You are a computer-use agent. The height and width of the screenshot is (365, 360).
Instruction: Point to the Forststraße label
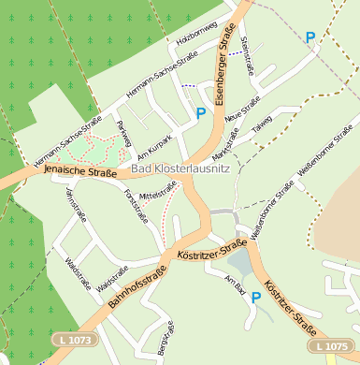137,205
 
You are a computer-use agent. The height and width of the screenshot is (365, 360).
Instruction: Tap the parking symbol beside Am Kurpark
200,113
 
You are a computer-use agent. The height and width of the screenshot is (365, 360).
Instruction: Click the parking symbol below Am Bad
255,298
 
